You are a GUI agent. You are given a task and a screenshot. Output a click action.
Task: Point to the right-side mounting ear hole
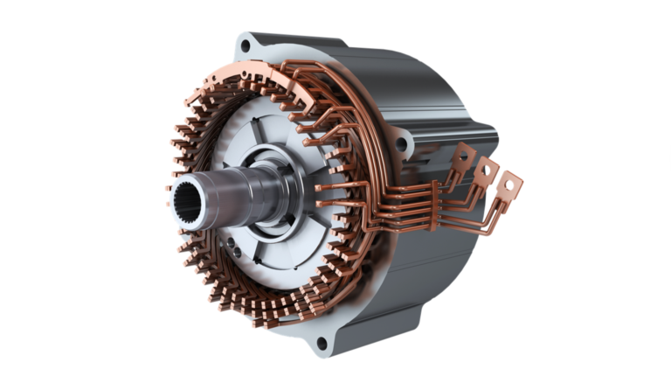click(x=400, y=142)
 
